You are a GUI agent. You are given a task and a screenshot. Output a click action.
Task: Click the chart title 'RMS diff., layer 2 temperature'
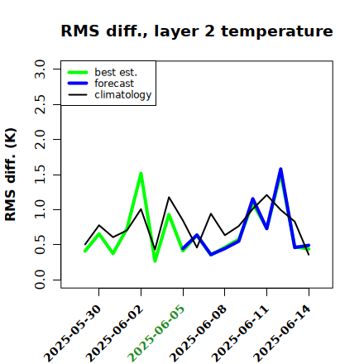(x=197, y=31)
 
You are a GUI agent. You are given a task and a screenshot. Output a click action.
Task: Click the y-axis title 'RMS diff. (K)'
(x=11, y=175)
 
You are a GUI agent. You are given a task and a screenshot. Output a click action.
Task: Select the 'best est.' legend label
(x=116, y=72)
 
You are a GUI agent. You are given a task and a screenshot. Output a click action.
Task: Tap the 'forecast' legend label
(x=114, y=84)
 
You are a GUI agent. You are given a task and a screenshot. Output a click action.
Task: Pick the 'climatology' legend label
(x=123, y=95)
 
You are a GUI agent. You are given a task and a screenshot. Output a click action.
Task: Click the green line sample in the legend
(x=78, y=72)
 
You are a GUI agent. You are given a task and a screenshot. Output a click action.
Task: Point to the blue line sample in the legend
(x=78, y=84)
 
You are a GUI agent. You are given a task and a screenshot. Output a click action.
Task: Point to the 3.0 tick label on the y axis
(x=40, y=69)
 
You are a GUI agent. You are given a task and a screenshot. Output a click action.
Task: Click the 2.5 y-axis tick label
(x=40, y=104)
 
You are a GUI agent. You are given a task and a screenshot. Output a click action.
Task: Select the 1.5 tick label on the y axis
(x=40, y=175)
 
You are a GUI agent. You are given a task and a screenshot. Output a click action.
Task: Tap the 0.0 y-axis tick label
(x=40, y=280)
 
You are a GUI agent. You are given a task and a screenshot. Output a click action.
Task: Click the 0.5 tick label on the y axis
(x=40, y=245)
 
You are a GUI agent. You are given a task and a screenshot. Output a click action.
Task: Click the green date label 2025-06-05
(x=156, y=333)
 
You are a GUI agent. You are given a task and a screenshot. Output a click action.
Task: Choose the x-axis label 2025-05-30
(x=72, y=333)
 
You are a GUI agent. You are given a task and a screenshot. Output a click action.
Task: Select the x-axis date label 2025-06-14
(x=282, y=333)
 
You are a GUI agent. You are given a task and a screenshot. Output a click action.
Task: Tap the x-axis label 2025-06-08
(x=198, y=333)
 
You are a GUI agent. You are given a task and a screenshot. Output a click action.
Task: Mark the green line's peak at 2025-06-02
(x=141, y=173)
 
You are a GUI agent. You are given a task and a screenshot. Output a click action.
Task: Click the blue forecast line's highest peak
(x=280, y=169)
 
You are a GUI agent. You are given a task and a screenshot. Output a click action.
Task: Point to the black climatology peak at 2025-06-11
(x=266, y=195)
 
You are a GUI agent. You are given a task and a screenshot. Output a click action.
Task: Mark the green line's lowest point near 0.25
(x=155, y=261)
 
